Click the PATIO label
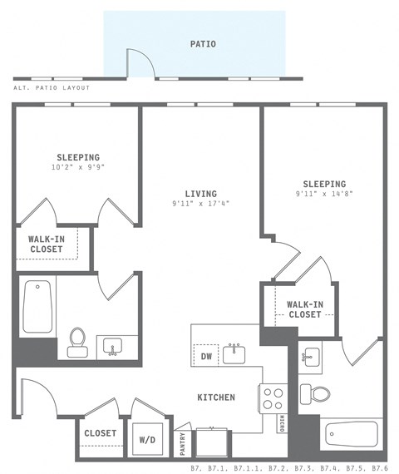(x=203, y=44)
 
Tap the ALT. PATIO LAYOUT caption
(x=52, y=87)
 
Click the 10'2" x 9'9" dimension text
(x=78, y=166)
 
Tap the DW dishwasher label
(x=207, y=357)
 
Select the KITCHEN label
(x=215, y=397)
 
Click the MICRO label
(x=283, y=422)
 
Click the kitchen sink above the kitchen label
(x=235, y=353)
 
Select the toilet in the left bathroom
(x=77, y=342)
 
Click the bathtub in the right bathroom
(x=351, y=435)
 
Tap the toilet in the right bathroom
(x=316, y=393)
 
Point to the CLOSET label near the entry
(x=101, y=433)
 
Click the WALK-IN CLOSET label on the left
(x=47, y=244)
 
